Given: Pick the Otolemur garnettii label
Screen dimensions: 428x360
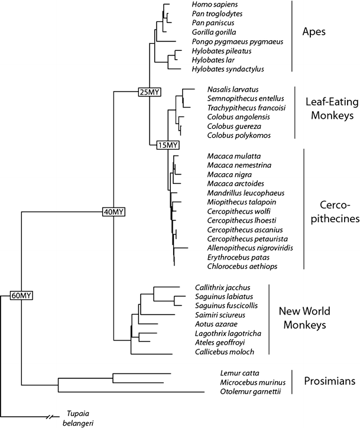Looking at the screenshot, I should click(248, 391).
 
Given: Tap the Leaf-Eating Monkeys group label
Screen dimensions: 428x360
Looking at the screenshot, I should click(330, 108).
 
